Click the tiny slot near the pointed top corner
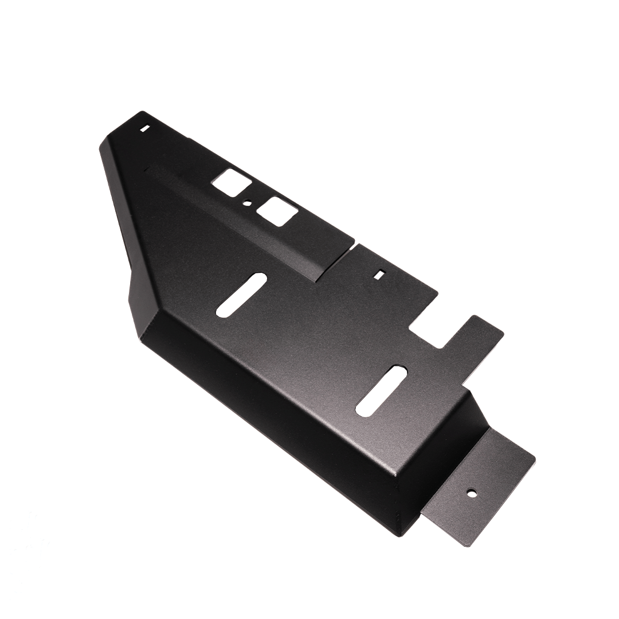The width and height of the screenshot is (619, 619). (145, 128)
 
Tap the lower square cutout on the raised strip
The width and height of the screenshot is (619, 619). (277, 211)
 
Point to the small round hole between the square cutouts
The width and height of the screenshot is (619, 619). (247, 202)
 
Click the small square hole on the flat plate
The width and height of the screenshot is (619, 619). (378, 275)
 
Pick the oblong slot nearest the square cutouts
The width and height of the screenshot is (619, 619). (241, 294)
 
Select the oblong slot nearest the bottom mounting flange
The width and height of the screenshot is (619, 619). (381, 389)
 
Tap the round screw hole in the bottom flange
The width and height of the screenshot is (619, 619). (471, 492)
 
